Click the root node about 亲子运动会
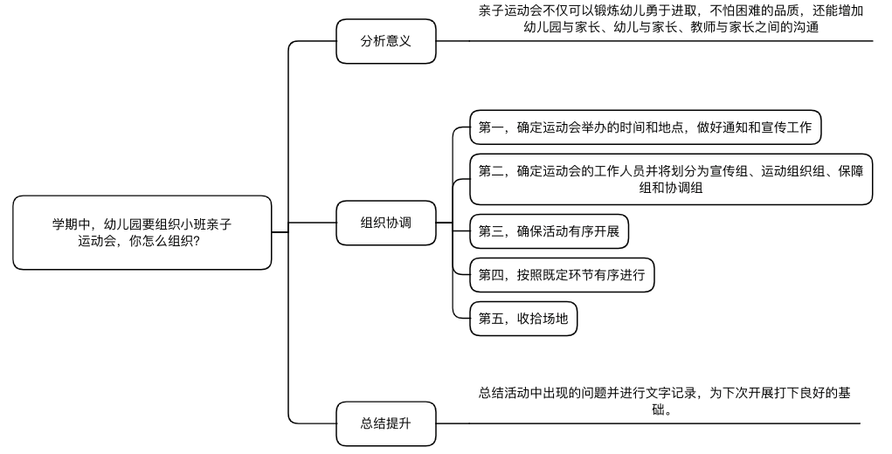[142, 232]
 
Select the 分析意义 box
[385, 41]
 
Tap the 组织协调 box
[385, 223]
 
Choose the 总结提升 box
[385, 423]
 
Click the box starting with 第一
[645, 128]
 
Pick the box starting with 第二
[671, 179]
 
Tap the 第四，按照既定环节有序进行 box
[562, 275]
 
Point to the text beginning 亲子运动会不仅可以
[670, 19]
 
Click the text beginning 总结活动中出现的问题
[664, 401]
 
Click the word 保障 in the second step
[850, 171]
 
